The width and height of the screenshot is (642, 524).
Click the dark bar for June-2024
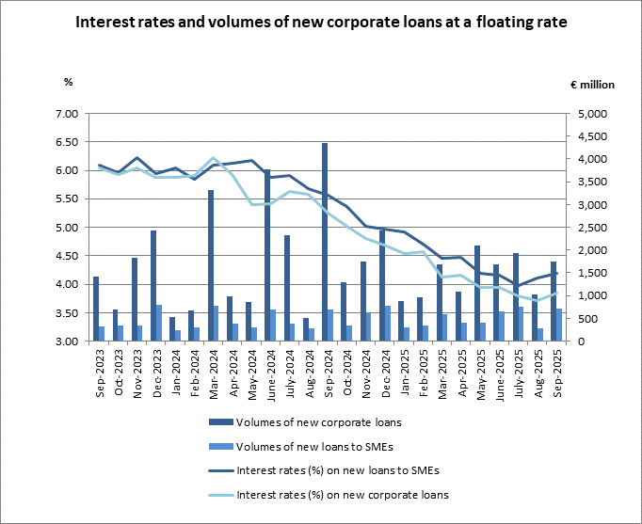[267, 255]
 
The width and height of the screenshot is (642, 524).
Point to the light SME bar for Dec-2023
[159, 323]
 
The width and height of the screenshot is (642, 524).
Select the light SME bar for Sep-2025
[558, 325]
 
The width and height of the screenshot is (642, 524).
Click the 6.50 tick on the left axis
[65, 142]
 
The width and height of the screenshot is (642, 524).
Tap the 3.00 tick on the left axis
[65, 341]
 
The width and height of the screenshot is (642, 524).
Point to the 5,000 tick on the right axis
[590, 114]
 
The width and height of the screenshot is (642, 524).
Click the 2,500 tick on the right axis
[590, 228]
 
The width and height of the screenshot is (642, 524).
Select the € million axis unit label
[592, 85]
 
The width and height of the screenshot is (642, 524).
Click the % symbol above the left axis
[68, 82]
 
